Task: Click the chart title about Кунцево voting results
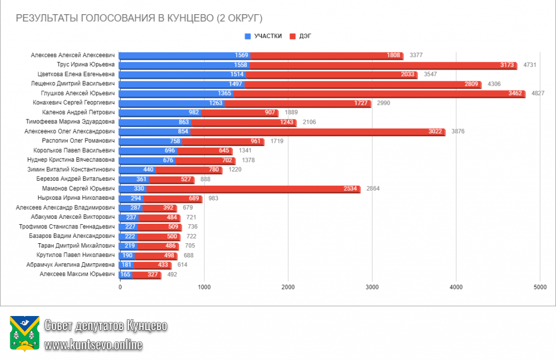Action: tap(139, 18)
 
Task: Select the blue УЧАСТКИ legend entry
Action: tap(264, 36)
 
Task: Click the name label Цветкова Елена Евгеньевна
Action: tap(77, 74)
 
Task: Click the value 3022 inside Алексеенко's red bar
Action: tap(433, 131)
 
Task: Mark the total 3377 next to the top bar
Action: tap(416, 55)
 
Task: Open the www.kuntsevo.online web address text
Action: tap(93, 344)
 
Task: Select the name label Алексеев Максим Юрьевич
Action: tap(77, 274)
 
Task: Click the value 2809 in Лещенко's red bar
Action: tap(470, 84)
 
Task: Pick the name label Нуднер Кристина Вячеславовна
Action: tap(71, 160)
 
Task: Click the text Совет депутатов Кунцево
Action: tap(106, 325)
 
